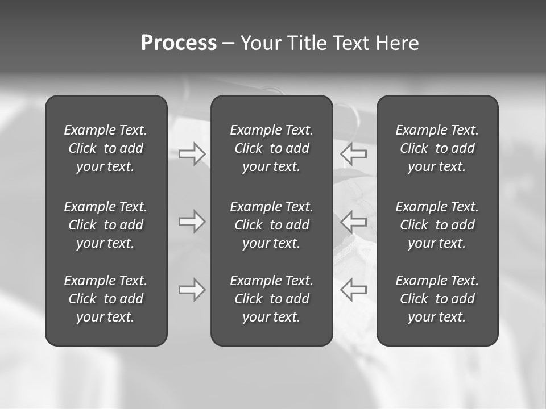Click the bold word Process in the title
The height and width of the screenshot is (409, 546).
(x=179, y=43)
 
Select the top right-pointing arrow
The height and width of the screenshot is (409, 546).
(x=192, y=154)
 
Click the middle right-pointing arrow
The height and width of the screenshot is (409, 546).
(x=192, y=221)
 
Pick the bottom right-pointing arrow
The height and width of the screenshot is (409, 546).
(x=192, y=290)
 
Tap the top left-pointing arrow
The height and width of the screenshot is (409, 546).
(x=353, y=154)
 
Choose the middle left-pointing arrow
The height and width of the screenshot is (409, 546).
(x=353, y=221)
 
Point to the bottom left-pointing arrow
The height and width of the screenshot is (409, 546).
(x=353, y=290)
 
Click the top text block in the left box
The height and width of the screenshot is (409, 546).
(x=106, y=148)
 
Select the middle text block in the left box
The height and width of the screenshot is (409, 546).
(x=106, y=225)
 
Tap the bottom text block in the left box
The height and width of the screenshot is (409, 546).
(x=106, y=299)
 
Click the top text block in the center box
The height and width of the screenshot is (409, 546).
(x=271, y=148)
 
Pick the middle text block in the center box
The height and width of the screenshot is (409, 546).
(x=271, y=225)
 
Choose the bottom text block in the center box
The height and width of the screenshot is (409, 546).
(x=271, y=299)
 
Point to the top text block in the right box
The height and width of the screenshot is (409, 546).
(x=437, y=148)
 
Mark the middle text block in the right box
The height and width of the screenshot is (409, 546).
(x=437, y=225)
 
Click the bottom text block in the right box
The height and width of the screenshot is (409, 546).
(x=437, y=299)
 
